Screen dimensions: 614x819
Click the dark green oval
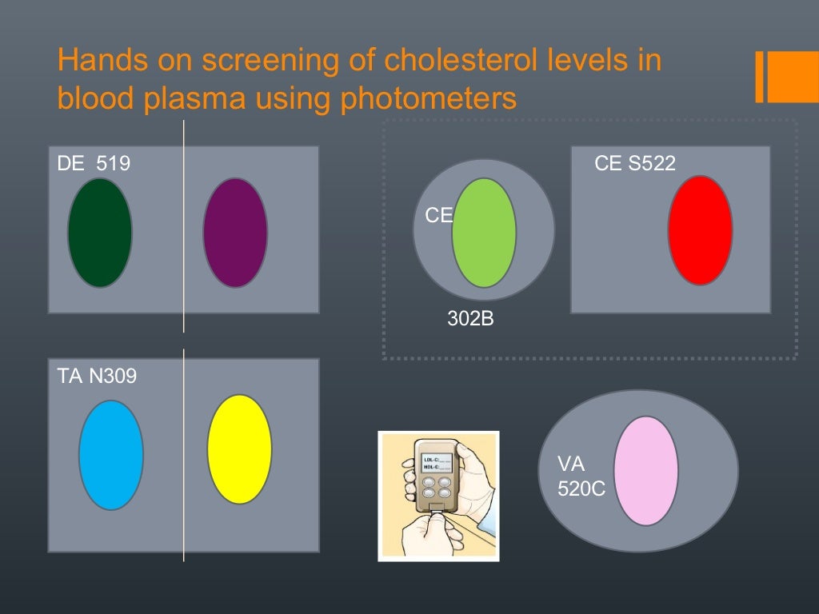pos(100,233)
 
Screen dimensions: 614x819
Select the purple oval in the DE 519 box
pos(235,233)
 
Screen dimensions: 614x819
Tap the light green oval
pos(484,233)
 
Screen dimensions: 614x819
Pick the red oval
pos(700,230)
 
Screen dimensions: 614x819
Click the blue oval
pos(111,455)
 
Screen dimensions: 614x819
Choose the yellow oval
pos(239,449)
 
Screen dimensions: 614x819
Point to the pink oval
pos(646,471)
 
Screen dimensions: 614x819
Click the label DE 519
pos(94,164)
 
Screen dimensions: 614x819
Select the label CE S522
pos(635,164)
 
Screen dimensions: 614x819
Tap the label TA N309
pos(97,375)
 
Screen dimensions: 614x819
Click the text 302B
pos(470,320)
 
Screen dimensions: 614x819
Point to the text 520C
pos(581,488)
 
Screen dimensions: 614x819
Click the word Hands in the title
pos(97,61)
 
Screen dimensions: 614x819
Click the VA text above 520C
pos(571,464)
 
